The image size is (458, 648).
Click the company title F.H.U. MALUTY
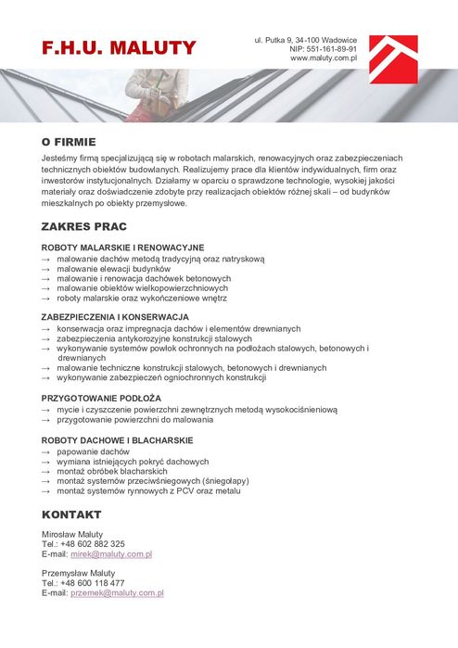[x=119, y=48]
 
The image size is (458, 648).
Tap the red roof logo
[x=393, y=58]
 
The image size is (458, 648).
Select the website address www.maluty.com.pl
[x=324, y=57]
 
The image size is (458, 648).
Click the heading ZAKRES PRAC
[x=84, y=226]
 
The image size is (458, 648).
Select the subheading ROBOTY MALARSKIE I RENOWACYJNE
[x=122, y=248]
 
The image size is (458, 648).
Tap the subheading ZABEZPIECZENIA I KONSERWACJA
[x=115, y=317]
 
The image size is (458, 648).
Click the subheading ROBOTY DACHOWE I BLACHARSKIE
[x=117, y=439]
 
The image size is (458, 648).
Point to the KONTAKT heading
[x=71, y=514]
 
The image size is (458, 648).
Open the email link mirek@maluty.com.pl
[x=111, y=553]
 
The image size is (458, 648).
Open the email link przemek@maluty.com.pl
[x=117, y=592]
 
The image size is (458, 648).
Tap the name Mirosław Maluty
[x=72, y=534]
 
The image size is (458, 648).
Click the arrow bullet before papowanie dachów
[x=46, y=451]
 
